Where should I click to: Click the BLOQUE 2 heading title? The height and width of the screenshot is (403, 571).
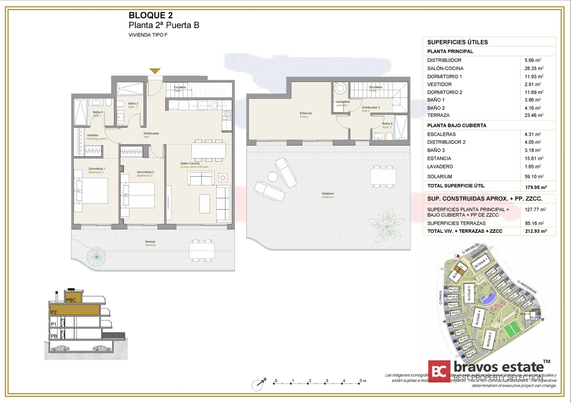pos(150,15)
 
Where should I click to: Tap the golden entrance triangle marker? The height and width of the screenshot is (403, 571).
pos(155,71)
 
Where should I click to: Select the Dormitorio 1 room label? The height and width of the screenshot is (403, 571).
pos(97,170)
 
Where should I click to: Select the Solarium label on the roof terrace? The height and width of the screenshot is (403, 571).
pos(328,195)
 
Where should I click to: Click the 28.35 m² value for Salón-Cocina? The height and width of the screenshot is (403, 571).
pos(534,68)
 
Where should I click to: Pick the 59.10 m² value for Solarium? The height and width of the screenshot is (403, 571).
pos(534,176)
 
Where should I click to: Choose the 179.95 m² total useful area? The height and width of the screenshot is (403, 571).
pos(536,187)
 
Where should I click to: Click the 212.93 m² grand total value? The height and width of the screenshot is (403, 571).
pos(536,231)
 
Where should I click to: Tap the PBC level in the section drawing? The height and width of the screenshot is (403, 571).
pos(71,300)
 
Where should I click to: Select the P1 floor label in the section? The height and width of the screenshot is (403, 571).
pos(54,324)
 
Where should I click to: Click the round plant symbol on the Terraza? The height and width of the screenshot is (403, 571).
pos(96,257)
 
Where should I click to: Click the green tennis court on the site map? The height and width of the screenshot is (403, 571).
pos(512,330)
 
